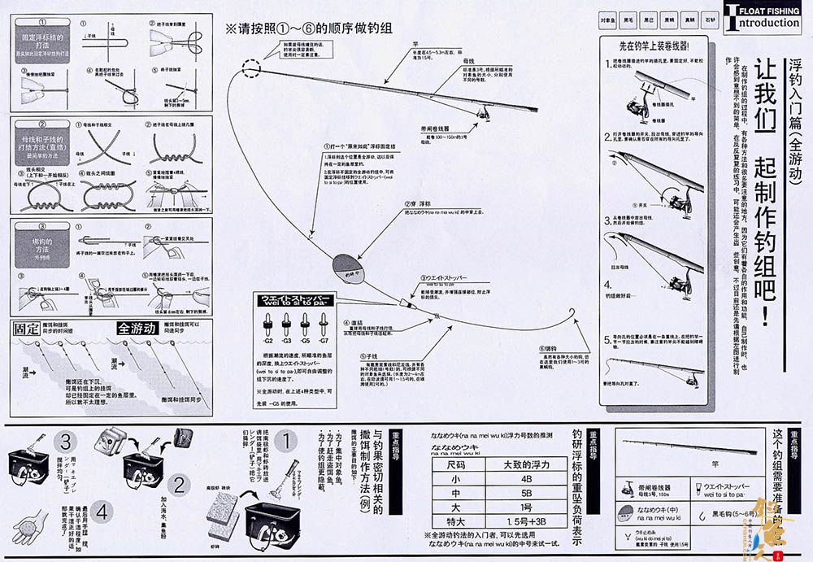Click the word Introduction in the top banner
[765, 23]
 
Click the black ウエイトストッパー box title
[294, 299]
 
